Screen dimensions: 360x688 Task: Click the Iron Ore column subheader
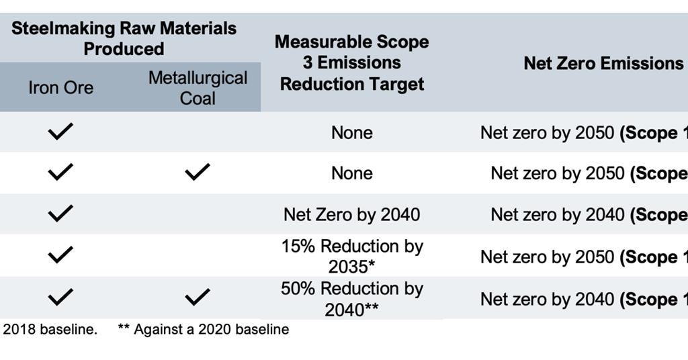click(x=60, y=88)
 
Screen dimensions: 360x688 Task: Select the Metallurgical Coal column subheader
click(x=198, y=88)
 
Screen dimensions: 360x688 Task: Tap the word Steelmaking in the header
click(x=64, y=29)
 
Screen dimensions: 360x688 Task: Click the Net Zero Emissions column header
click(x=603, y=63)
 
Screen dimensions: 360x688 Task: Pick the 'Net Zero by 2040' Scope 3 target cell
click(x=351, y=215)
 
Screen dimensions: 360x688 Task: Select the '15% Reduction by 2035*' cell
click(x=351, y=256)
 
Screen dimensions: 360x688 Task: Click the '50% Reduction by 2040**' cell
click(x=351, y=298)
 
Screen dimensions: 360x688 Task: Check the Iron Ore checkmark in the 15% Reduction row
click(x=60, y=256)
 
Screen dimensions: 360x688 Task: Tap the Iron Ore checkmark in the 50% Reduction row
click(x=60, y=297)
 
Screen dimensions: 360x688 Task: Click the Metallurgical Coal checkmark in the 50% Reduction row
click(x=197, y=297)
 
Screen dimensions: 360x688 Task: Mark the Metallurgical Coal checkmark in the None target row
click(x=197, y=173)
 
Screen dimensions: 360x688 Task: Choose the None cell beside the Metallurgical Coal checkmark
click(x=351, y=173)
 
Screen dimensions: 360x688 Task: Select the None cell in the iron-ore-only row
click(x=351, y=133)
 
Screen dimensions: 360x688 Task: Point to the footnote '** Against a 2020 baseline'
click(x=203, y=330)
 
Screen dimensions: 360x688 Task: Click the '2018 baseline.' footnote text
click(x=50, y=330)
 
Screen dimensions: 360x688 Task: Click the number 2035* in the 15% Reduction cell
click(x=351, y=267)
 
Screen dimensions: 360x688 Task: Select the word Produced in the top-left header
click(x=124, y=49)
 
